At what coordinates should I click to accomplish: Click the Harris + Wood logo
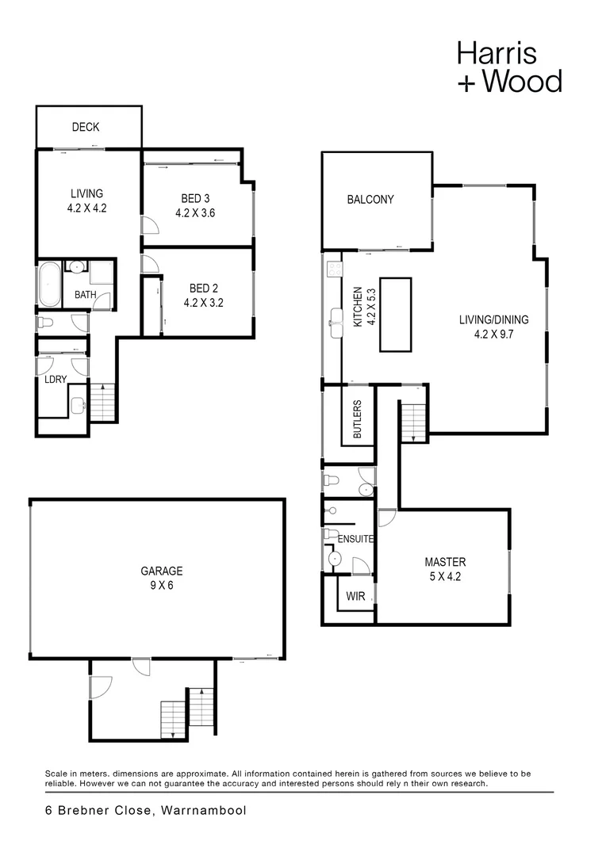[508, 67]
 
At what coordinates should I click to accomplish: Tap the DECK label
[85, 127]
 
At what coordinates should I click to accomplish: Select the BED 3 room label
[195, 198]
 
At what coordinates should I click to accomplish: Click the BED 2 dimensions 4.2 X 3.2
[204, 302]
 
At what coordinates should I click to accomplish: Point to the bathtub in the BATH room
[49, 284]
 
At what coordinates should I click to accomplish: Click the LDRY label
[55, 380]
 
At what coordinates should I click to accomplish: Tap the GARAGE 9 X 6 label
[162, 571]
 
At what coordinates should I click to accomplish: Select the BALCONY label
[370, 200]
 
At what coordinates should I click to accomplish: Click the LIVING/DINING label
[493, 320]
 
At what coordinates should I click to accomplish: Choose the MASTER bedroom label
[445, 562]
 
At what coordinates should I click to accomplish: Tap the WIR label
[356, 596]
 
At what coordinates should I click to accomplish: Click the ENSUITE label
[355, 539]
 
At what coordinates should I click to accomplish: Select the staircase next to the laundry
[103, 402]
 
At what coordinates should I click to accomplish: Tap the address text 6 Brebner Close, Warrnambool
[145, 810]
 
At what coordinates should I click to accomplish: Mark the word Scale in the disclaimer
[57, 773]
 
